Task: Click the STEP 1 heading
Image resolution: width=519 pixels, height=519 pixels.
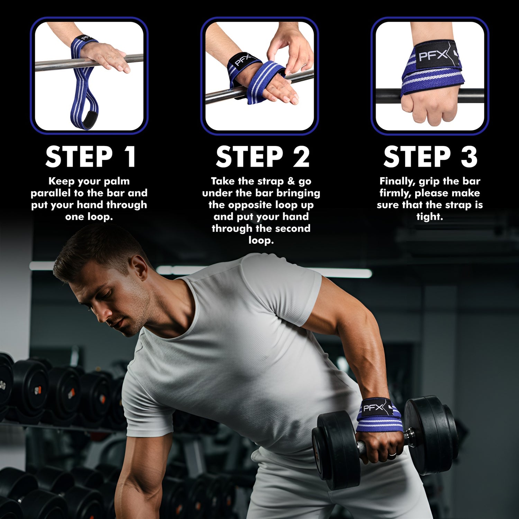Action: [x=91, y=157]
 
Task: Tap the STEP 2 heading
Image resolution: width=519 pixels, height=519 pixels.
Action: [x=262, y=157]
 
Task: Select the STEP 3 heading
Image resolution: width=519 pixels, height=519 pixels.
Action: [x=430, y=157]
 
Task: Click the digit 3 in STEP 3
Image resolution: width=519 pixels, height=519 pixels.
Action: [x=469, y=157]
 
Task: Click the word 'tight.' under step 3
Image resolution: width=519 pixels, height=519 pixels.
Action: [x=430, y=217]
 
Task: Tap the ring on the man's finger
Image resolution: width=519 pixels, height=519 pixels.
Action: [x=392, y=454]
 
